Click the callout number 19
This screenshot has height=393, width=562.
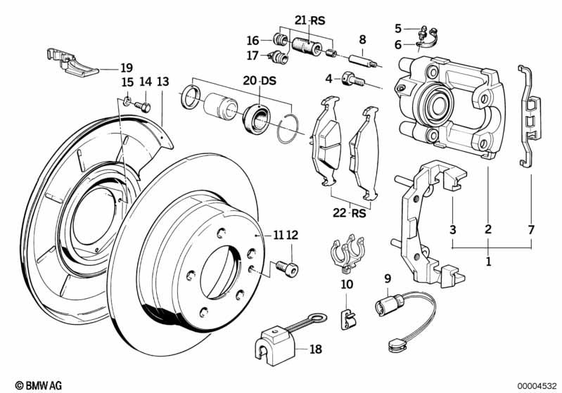pyautogui.click(x=127, y=67)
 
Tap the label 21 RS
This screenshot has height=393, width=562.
pyautogui.click(x=310, y=20)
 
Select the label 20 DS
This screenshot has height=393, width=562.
pyautogui.click(x=260, y=81)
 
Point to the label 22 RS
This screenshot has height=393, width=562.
pyautogui.click(x=350, y=213)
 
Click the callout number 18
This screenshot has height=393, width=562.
pyautogui.click(x=316, y=349)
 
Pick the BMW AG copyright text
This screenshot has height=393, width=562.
pyautogui.click(x=39, y=385)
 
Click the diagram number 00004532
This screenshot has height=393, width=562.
pyautogui.click(x=537, y=386)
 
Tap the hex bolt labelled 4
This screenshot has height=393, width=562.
pyautogui.click(x=353, y=79)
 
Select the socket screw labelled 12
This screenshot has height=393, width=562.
pyautogui.click(x=287, y=269)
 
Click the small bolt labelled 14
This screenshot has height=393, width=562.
pyautogui.click(x=143, y=106)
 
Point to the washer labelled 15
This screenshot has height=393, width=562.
pyautogui.click(x=127, y=102)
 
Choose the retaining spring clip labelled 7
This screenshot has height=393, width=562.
pyautogui.click(x=529, y=117)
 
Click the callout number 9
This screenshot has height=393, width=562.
pyautogui.click(x=388, y=278)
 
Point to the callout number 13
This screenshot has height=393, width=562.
pyautogui.click(x=162, y=82)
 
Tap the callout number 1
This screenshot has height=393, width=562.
pyautogui.click(x=488, y=262)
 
